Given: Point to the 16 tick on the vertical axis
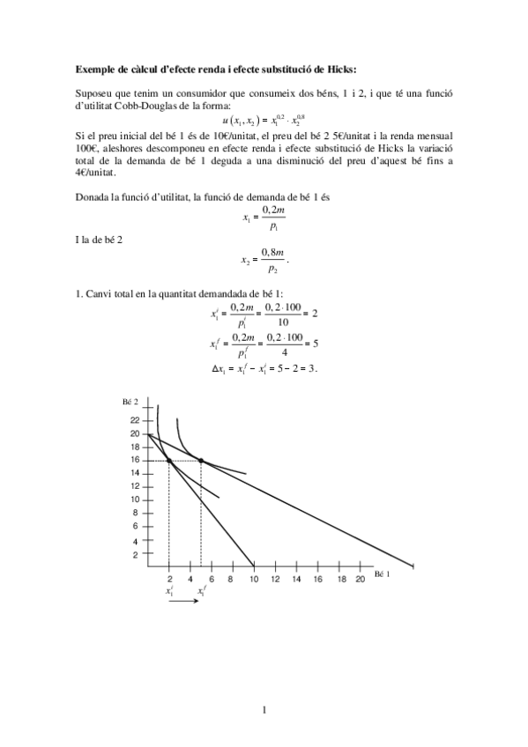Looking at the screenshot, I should pyautogui.click(x=135, y=460).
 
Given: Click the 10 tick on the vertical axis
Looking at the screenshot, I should pyautogui.click(x=135, y=500).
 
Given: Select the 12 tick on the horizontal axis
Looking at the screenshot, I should pyautogui.click(x=275, y=579).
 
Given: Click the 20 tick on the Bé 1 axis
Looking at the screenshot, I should pyautogui.click(x=361, y=579).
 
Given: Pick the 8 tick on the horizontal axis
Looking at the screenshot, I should pyautogui.click(x=233, y=579).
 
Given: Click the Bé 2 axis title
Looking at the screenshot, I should pyautogui.click(x=131, y=402).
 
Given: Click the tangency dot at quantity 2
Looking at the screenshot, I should pyautogui.click(x=169, y=461).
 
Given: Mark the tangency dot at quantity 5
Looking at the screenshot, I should pyautogui.click(x=201, y=461).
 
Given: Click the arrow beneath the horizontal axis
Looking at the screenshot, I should pyautogui.click(x=185, y=602).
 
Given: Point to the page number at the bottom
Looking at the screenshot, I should pyautogui.click(x=264, y=707).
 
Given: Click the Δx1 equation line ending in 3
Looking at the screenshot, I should pyautogui.click(x=264, y=368).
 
